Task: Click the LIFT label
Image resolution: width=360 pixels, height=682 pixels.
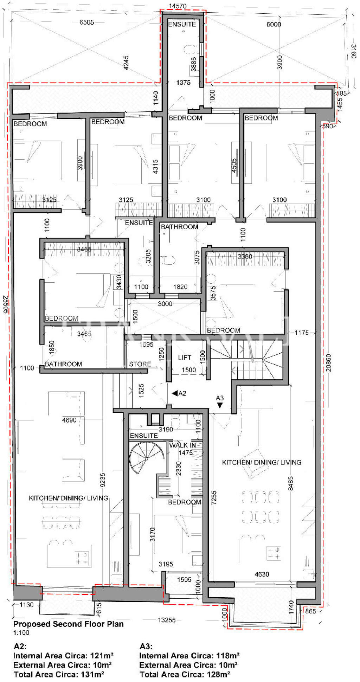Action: click(x=184, y=358)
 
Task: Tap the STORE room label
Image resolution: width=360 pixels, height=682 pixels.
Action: click(x=140, y=364)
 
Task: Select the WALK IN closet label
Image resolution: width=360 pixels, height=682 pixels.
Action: click(x=182, y=445)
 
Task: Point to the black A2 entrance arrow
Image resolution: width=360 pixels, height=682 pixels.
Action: click(x=175, y=393)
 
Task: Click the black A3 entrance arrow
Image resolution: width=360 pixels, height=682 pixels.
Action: click(x=220, y=405)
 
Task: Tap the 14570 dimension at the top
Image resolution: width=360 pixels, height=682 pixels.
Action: click(x=178, y=6)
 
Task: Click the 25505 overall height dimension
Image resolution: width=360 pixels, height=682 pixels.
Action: click(x=5, y=304)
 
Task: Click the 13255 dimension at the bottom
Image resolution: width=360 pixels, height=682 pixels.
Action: click(x=166, y=620)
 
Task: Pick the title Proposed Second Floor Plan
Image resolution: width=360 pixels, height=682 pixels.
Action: click(x=68, y=624)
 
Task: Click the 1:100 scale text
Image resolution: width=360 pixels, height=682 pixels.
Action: click(x=21, y=633)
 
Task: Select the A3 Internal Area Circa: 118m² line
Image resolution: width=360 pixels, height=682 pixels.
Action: click(x=189, y=656)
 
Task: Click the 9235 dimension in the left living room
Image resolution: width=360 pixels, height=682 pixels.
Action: click(x=103, y=480)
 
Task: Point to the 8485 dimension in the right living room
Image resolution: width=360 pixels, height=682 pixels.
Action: click(x=290, y=483)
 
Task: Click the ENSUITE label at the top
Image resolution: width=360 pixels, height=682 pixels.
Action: click(x=182, y=24)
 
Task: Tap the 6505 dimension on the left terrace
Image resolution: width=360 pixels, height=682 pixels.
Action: click(x=86, y=22)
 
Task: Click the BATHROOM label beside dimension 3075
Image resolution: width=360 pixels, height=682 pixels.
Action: click(x=179, y=227)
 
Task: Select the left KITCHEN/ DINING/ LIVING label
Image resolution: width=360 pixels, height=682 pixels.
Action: click(x=68, y=498)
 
